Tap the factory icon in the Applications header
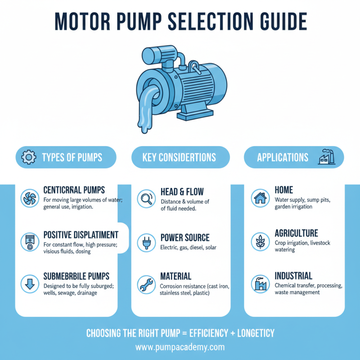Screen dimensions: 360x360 [x=326, y=157]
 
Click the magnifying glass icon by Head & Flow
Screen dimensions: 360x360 [x=146, y=198]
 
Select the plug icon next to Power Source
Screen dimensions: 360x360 [x=146, y=241]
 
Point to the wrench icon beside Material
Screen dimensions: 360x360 [x=146, y=283]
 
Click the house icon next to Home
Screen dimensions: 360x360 [x=260, y=198]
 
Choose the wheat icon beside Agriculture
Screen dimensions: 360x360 [x=260, y=241]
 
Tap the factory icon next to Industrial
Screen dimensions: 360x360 [x=260, y=283]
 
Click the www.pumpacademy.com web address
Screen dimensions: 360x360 [x=180, y=347]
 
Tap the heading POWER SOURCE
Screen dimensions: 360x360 [x=184, y=238]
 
